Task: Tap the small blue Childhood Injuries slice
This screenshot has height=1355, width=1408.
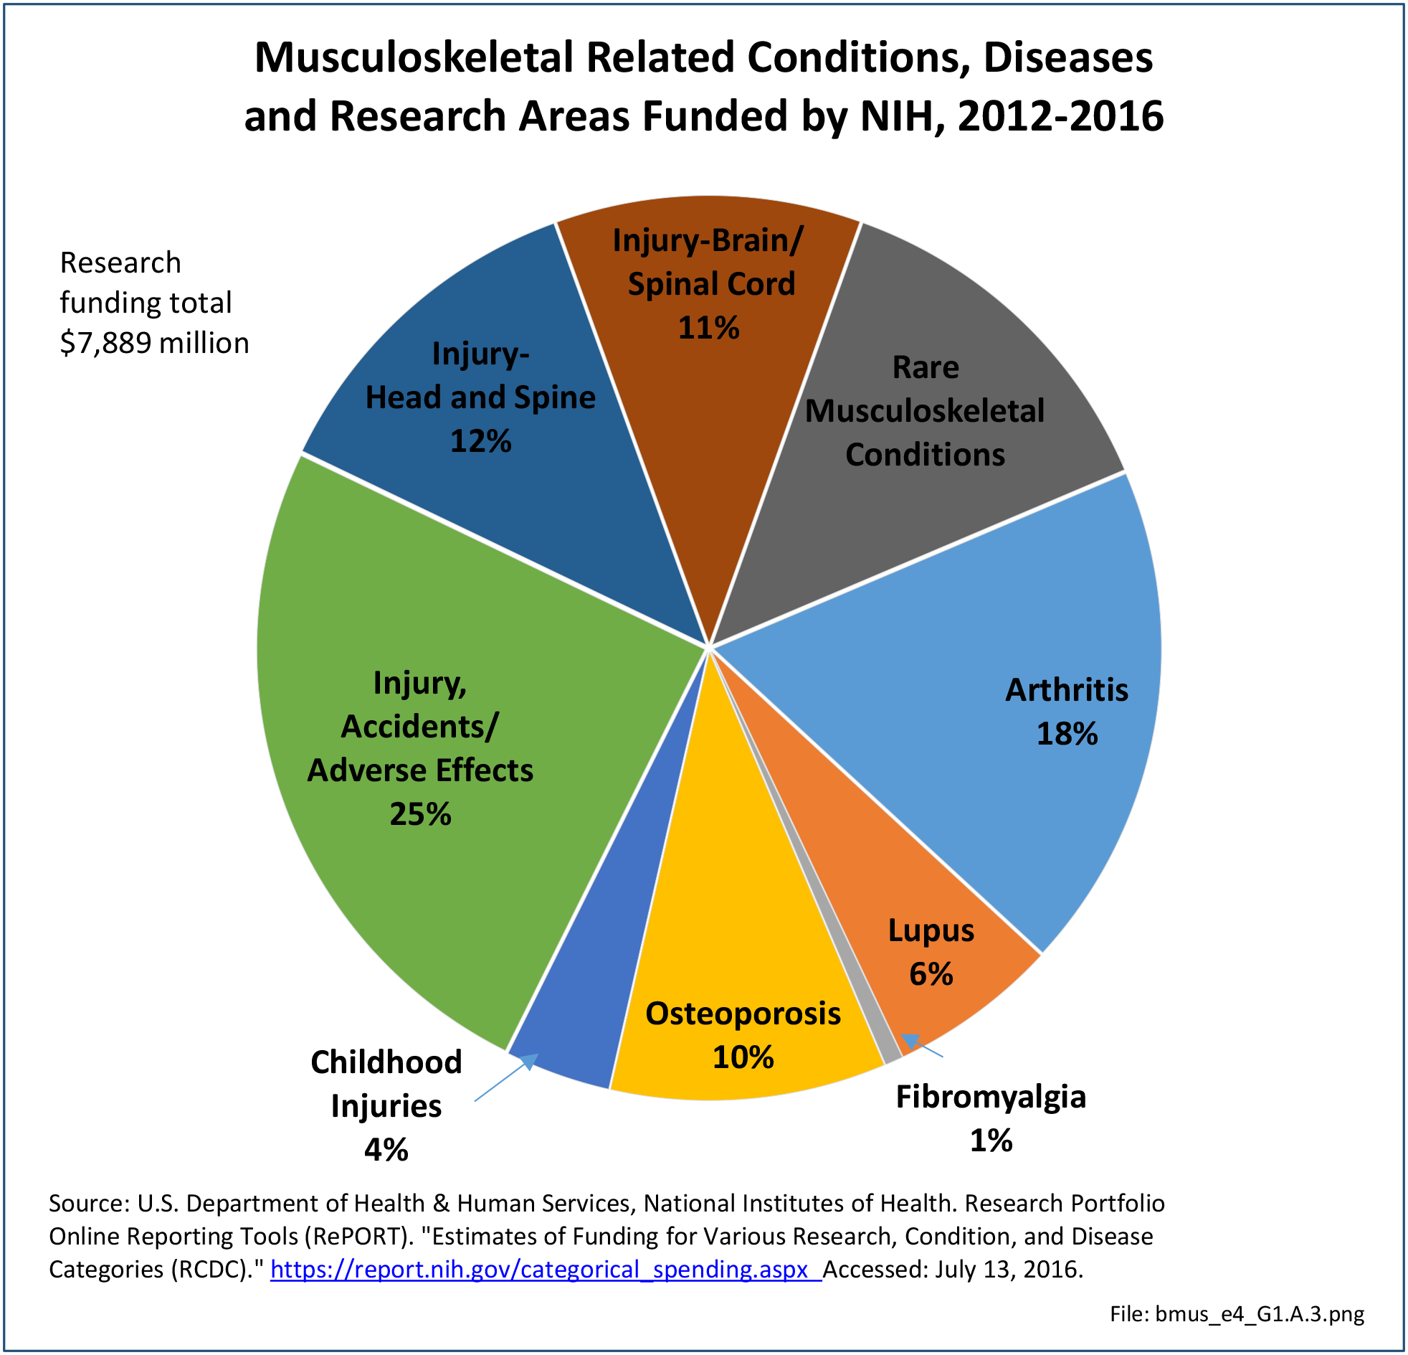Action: pos(589,1021)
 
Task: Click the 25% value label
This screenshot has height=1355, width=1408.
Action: pos(420,814)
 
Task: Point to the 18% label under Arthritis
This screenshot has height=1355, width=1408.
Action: pos(1067,734)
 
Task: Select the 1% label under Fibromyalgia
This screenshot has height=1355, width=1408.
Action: pos(991,1141)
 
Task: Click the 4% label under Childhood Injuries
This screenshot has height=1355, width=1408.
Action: pos(386,1150)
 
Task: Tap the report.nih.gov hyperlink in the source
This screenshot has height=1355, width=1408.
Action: pos(546,1270)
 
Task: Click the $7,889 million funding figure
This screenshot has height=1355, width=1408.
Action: pos(154,343)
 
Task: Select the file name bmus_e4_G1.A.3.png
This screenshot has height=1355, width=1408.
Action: pos(1259,1314)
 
